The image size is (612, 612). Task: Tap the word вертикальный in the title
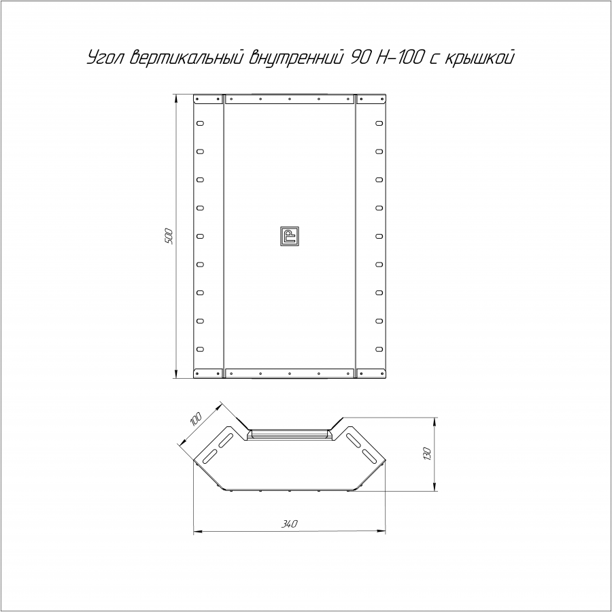tap(187, 58)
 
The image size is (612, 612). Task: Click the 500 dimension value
tap(169, 236)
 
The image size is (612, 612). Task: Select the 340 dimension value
tap(289, 524)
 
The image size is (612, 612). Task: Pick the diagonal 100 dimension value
tap(196, 419)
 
